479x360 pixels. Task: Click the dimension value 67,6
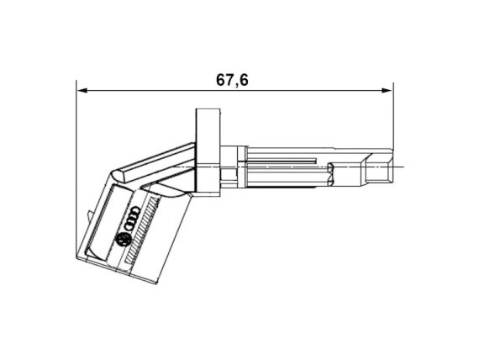(232, 81)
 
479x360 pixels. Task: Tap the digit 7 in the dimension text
(230, 80)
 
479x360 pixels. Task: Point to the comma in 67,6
(237, 85)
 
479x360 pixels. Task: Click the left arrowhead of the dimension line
(82, 91)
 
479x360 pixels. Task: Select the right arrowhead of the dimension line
(387, 91)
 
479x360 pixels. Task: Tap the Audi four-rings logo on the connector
(132, 219)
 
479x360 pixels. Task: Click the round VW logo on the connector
(123, 240)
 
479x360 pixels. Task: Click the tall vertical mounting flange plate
(208, 152)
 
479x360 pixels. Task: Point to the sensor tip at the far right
(379, 167)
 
